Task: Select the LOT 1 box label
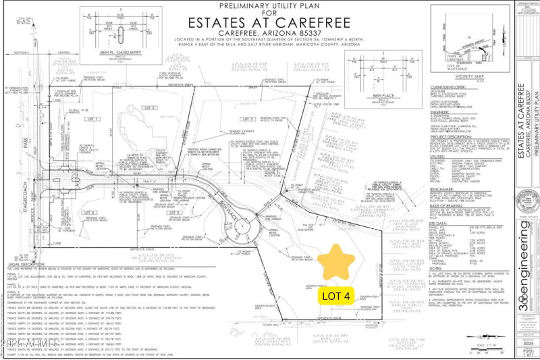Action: [x=92, y=120]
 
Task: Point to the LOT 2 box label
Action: [x=149, y=107]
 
